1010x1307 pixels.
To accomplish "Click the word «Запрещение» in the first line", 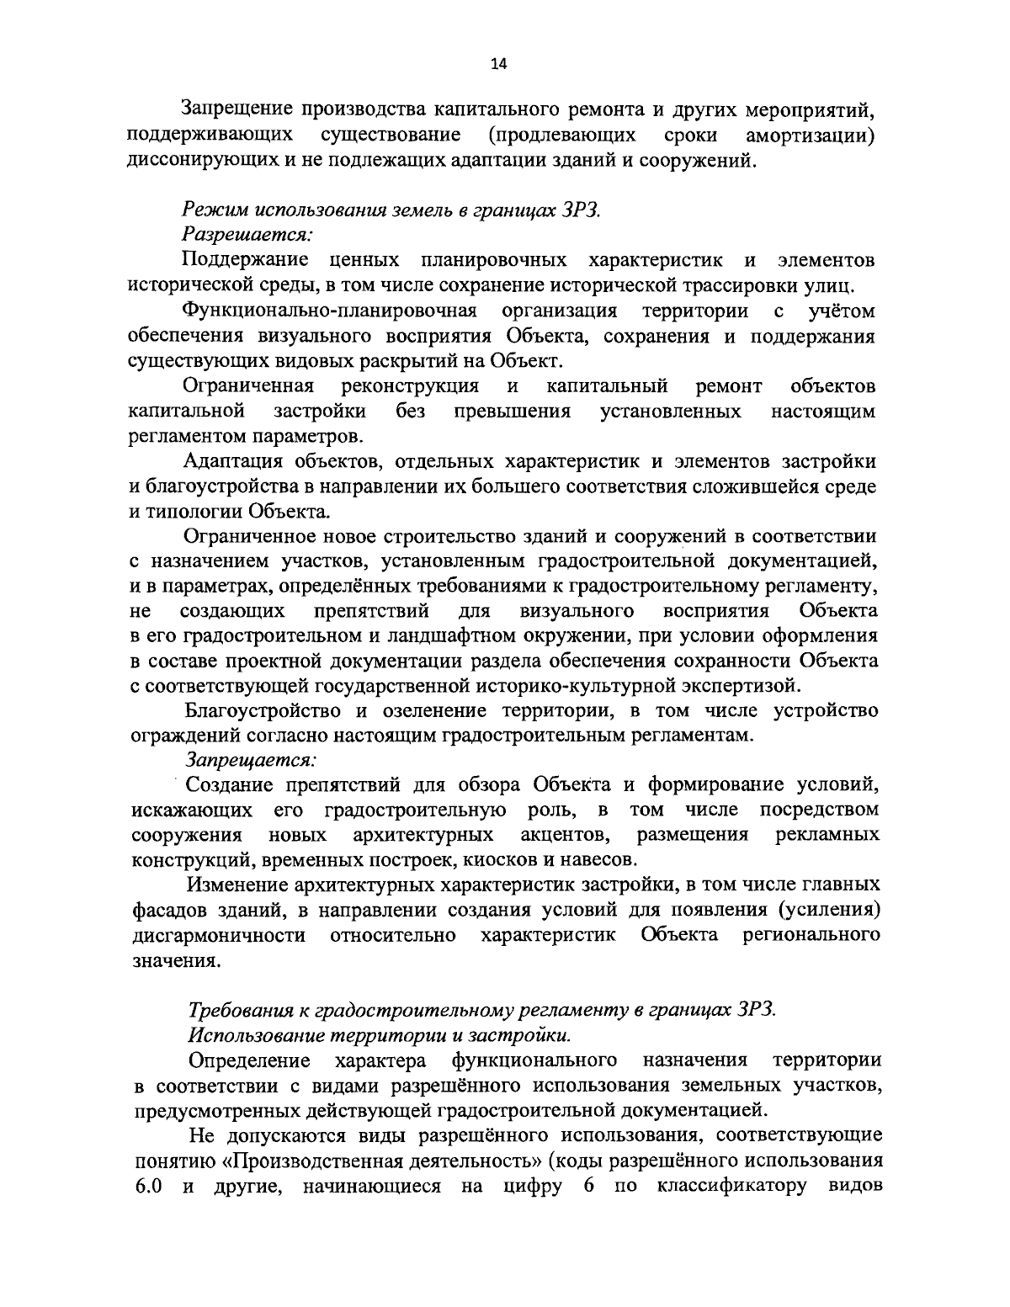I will tap(234, 109).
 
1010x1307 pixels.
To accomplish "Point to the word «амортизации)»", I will tap(811, 135).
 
